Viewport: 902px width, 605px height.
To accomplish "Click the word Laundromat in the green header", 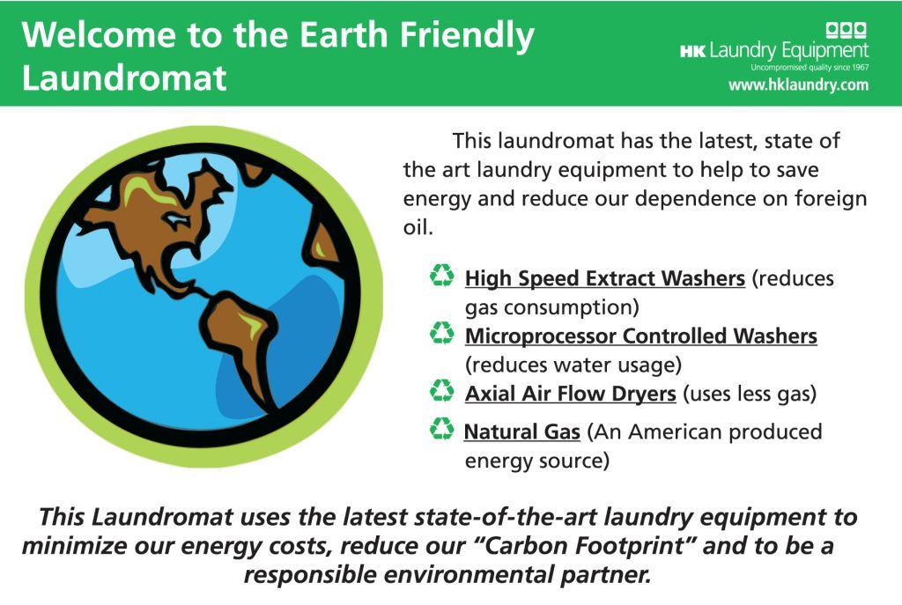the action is pos(124,77).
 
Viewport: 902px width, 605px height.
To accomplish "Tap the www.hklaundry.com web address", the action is pos(798,85).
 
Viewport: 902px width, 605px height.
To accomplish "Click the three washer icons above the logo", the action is pos(847,30).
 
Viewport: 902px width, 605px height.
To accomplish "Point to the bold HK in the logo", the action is pos(692,52).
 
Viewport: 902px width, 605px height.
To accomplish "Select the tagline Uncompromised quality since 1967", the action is pos(810,67).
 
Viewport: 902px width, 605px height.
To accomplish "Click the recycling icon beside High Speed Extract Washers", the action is pos(442,275).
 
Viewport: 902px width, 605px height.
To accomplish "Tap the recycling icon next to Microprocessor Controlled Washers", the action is pos(442,332).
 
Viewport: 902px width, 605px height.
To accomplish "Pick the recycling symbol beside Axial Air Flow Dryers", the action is pos(442,390).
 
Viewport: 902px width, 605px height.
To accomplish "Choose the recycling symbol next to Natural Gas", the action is pos(442,429).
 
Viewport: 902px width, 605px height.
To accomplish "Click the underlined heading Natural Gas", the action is pos(521,432).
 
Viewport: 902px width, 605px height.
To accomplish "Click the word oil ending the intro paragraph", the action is pos(416,228).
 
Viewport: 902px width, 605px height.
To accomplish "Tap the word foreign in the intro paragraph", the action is pos(831,199).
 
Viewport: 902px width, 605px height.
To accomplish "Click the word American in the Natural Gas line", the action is pos(672,432).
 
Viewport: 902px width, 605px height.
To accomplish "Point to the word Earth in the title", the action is pos(344,34).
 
